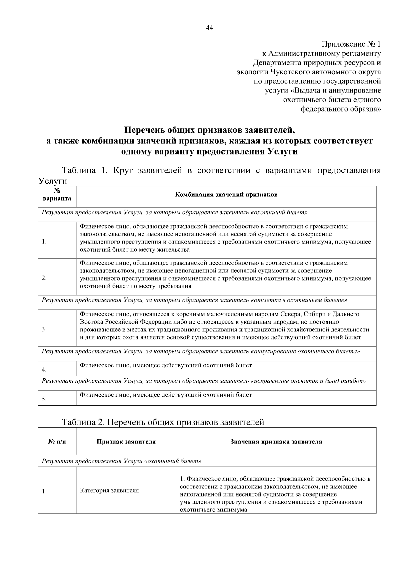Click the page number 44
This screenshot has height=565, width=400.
pyautogui.click(x=209, y=28)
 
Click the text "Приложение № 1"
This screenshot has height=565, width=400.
pyautogui.click(x=351, y=44)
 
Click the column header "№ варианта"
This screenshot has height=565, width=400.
pyautogui.click(x=57, y=195)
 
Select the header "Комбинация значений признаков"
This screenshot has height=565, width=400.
pyautogui.click(x=226, y=195)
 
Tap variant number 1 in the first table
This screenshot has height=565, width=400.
pyautogui.click(x=44, y=242)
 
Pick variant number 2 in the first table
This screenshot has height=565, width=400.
pyautogui.click(x=44, y=278)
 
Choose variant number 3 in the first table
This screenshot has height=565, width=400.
pyautogui.click(x=44, y=329)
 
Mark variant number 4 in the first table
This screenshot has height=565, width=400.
pyautogui.click(x=44, y=369)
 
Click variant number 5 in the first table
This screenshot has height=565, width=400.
pyautogui.click(x=44, y=399)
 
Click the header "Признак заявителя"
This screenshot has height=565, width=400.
pyautogui.click(x=126, y=442)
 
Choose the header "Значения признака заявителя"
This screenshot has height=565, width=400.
pyautogui.click(x=276, y=442)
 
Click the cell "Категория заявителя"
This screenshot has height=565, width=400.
pyautogui.click(x=109, y=490)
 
